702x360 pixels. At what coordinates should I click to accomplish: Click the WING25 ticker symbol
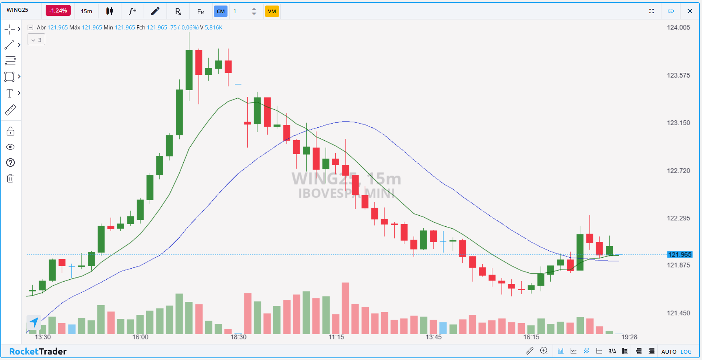tap(17, 10)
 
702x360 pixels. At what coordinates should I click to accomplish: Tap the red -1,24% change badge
tap(58, 11)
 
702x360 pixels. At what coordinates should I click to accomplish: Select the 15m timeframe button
tap(87, 11)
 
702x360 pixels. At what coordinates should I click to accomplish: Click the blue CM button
tap(221, 11)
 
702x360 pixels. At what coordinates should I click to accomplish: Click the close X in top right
tap(689, 11)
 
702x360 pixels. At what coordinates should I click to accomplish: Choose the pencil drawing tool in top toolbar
tap(155, 11)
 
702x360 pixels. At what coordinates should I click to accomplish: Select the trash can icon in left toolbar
tap(10, 179)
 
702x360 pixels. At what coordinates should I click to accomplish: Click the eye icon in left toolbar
tap(10, 147)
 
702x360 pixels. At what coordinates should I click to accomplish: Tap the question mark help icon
tap(10, 163)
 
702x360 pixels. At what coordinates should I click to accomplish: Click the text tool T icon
tap(10, 93)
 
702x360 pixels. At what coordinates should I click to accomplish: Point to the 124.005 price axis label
tap(678, 28)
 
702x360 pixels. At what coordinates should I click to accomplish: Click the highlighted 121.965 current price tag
tap(680, 254)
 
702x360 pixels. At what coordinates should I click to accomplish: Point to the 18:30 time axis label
tap(238, 337)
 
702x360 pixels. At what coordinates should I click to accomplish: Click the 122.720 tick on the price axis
tap(678, 171)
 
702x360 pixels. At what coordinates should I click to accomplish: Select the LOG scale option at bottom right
tap(685, 352)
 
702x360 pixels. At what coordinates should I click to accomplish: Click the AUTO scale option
tap(669, 352)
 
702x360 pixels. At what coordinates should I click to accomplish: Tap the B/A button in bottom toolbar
tap(612, 351)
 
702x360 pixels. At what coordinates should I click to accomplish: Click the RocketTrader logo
tap(38, 351)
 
